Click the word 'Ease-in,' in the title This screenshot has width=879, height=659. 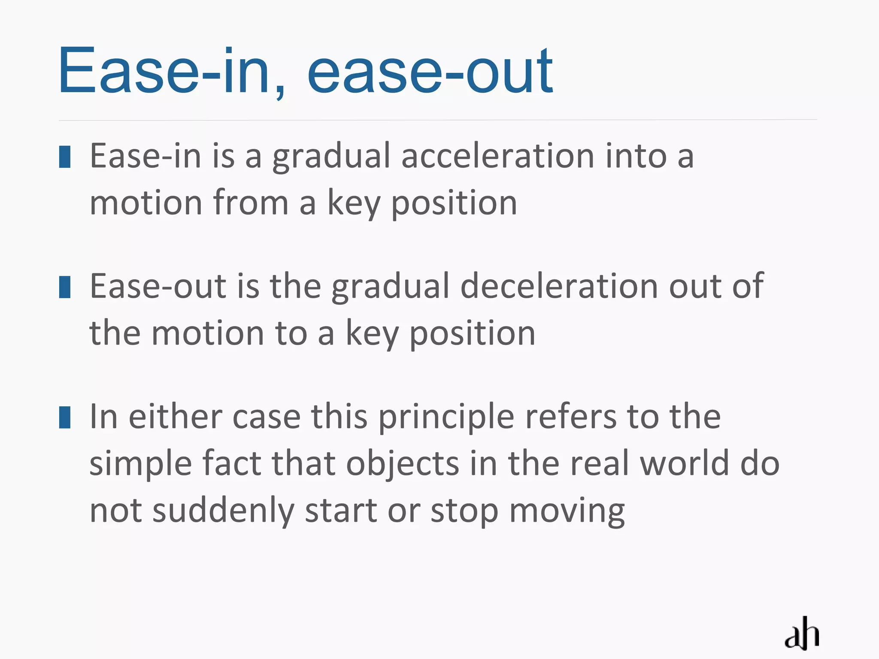click(172, 71)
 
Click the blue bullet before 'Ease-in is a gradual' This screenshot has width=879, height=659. click(65, 157)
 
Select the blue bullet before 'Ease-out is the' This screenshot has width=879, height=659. click(65, 287)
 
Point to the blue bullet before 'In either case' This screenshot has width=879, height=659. click(65, 417)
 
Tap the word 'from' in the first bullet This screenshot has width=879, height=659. click(251, 203)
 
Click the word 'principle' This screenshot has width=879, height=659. click(446, 417)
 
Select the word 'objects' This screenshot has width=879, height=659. click(403, 464)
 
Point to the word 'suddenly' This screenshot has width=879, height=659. click(223, 511)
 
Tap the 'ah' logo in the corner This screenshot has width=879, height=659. click(801, 633)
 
